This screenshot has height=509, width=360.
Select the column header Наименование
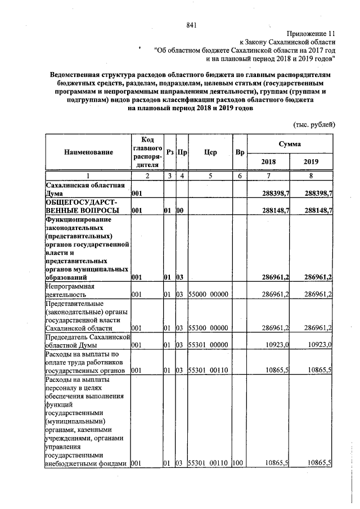click(88, 152)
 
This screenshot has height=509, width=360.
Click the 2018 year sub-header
click(269, 161)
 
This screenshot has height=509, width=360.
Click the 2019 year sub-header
click(310, 161)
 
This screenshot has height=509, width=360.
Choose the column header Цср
click(211, 152)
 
